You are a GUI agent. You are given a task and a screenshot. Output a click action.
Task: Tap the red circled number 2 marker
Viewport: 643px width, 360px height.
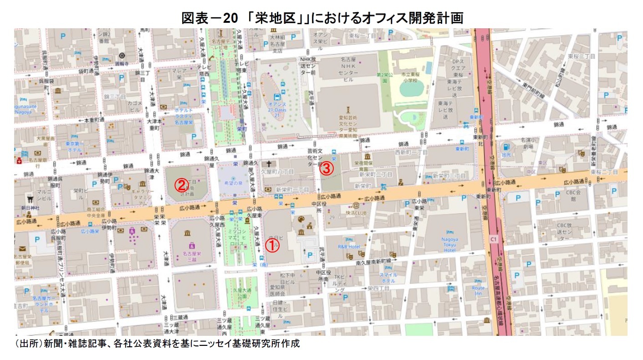coord(181,185)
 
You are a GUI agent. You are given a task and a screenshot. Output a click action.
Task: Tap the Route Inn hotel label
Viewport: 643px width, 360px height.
coord(479,291)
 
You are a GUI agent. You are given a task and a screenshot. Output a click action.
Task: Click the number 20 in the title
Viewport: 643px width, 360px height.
coord(229,18)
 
